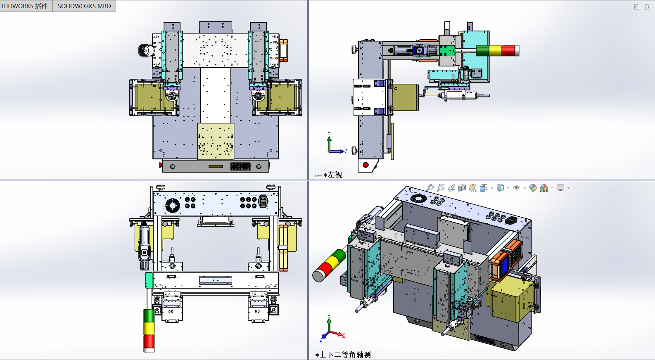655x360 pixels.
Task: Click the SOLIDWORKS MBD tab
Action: pos(84,6)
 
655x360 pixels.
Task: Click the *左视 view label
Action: pos(333,175)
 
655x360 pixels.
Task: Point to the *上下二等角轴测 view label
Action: pos(343,355)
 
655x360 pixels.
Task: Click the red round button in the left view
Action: pos(365,165)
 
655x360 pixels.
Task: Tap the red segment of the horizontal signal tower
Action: pos(508,50)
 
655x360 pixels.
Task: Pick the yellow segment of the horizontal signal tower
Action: pos(496,50)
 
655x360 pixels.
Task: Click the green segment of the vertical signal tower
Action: pos(149,315)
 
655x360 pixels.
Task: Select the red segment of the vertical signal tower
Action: pos(149,341)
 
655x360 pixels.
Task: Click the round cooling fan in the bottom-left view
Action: pos(173,206)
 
